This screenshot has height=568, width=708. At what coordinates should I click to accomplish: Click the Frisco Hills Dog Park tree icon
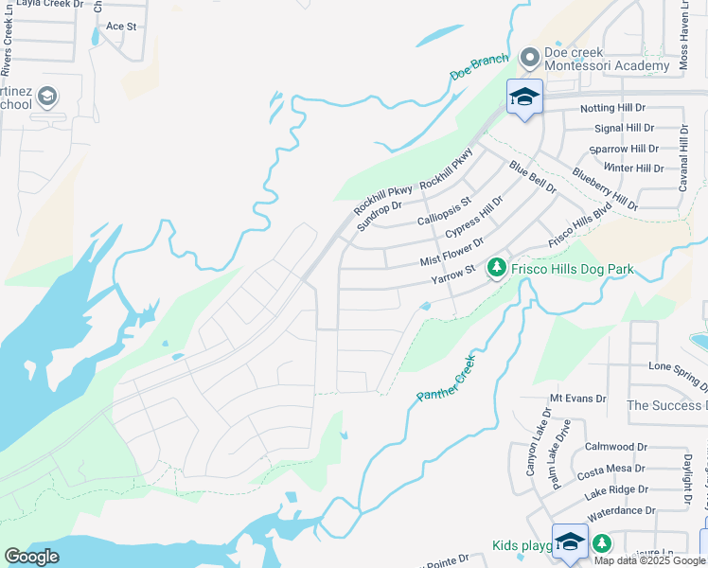point(496,270)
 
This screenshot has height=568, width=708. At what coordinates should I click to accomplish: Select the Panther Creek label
point(445,379)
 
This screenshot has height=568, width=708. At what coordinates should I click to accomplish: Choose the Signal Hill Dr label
point(624,128)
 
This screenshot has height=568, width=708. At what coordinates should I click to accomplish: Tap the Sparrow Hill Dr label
point(623,149)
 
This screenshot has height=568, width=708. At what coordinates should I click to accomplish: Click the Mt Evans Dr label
point(577,399)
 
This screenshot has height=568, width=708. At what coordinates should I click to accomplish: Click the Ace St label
point(122,27)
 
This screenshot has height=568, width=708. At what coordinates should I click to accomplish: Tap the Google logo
point(31,557)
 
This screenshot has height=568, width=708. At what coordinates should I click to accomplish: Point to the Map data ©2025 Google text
point(649,560)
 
